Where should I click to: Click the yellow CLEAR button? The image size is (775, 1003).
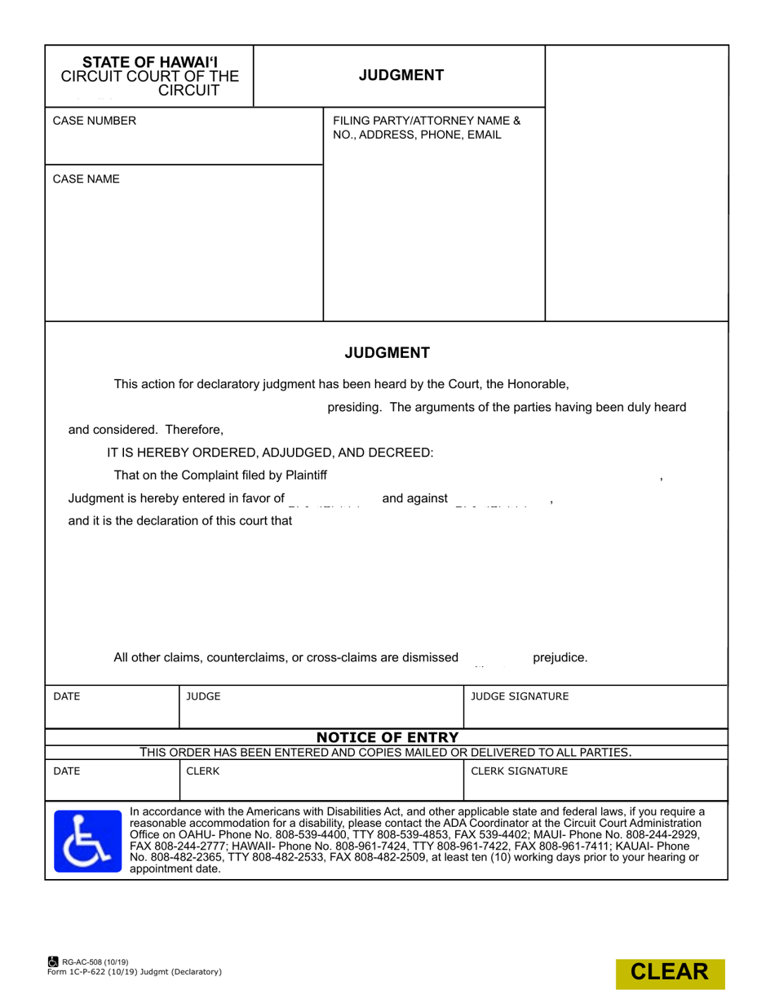tap(670, 972)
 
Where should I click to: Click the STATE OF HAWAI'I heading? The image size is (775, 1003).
tap(150, 62)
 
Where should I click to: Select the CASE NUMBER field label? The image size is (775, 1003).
tap(95, 122)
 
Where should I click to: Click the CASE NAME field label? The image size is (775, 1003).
tap(86, 179)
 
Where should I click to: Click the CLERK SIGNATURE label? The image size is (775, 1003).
tap(520, 771)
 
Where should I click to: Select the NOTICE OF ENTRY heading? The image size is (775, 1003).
tap(387, 738)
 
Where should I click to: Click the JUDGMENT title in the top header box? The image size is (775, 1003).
tap(401, 76)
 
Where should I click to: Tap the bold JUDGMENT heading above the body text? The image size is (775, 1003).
tap(387, 353)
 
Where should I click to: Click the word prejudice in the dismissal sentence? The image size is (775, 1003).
tap(560, 657)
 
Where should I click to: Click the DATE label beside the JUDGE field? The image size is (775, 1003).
tap(67, 696)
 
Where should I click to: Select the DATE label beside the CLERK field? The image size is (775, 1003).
tap(67, 771)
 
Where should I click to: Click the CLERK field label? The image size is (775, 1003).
tap(203, 771)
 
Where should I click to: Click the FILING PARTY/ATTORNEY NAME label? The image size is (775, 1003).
tap(427, 122)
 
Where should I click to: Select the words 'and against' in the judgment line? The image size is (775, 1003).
tap(414, 498)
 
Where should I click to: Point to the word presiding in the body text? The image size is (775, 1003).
tap(354, 407)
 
